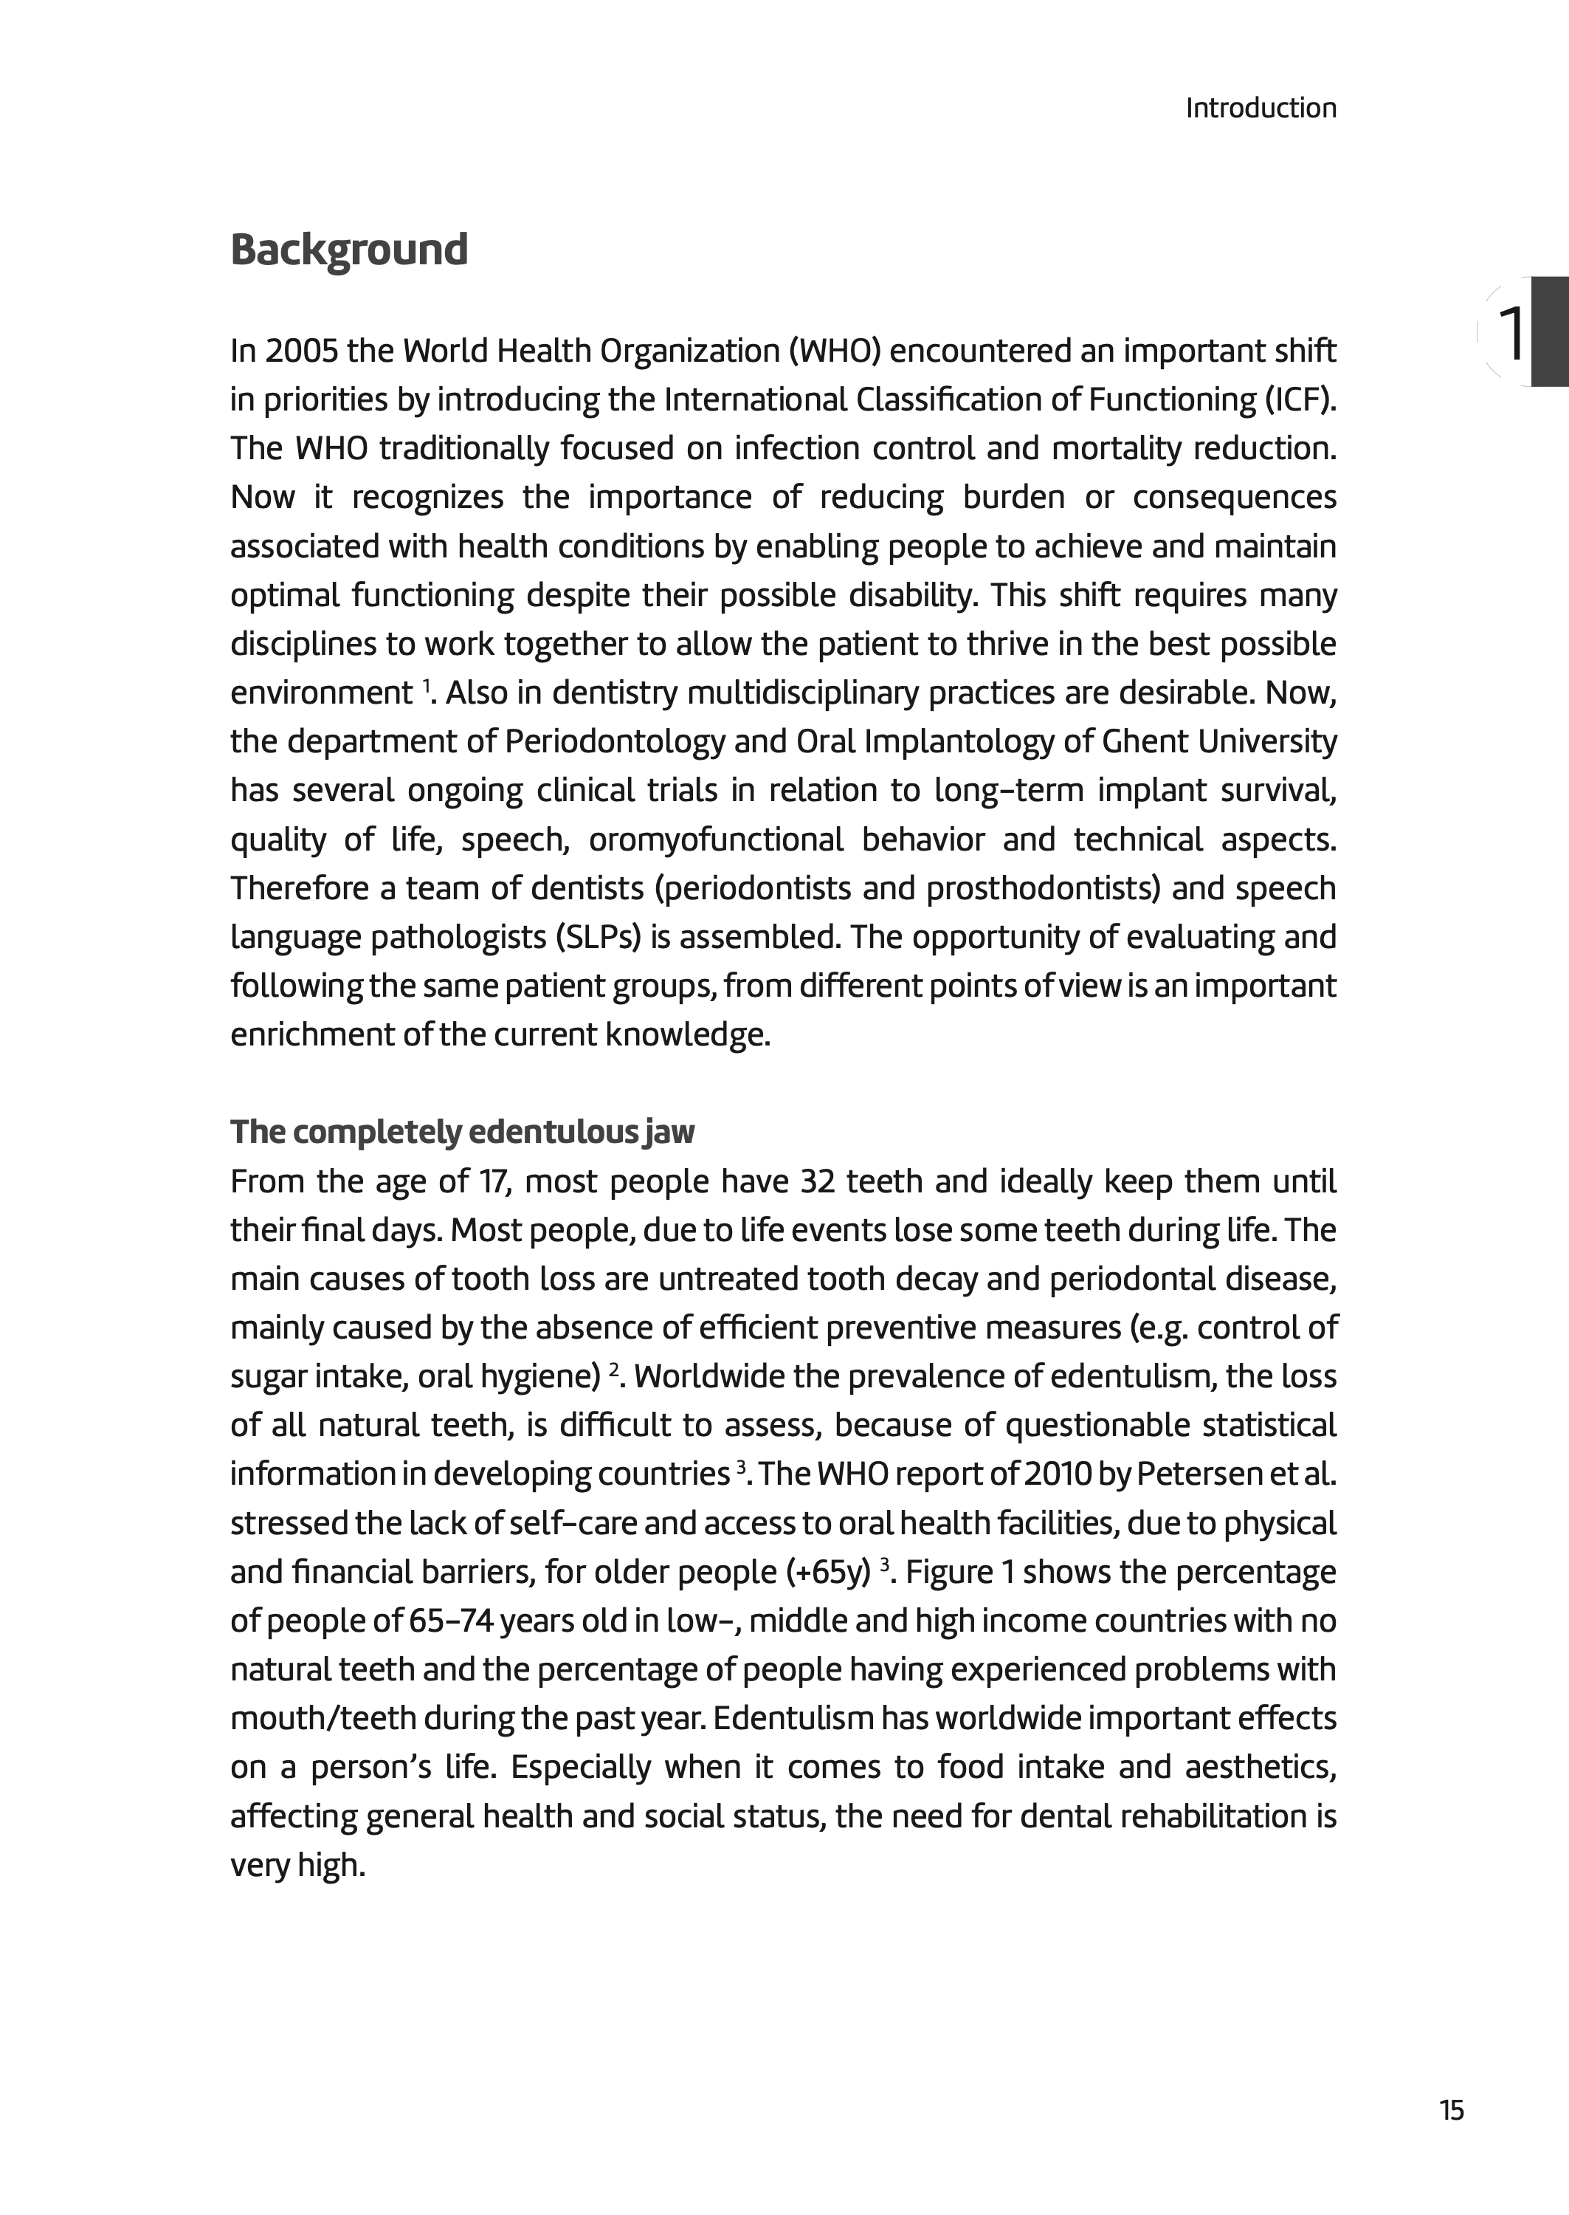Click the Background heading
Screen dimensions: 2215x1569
[349, 250]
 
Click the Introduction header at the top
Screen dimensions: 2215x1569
[1260, 109]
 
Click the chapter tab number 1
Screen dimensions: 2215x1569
[1511, 334]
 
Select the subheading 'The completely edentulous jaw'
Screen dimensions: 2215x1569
[462, 1132]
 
